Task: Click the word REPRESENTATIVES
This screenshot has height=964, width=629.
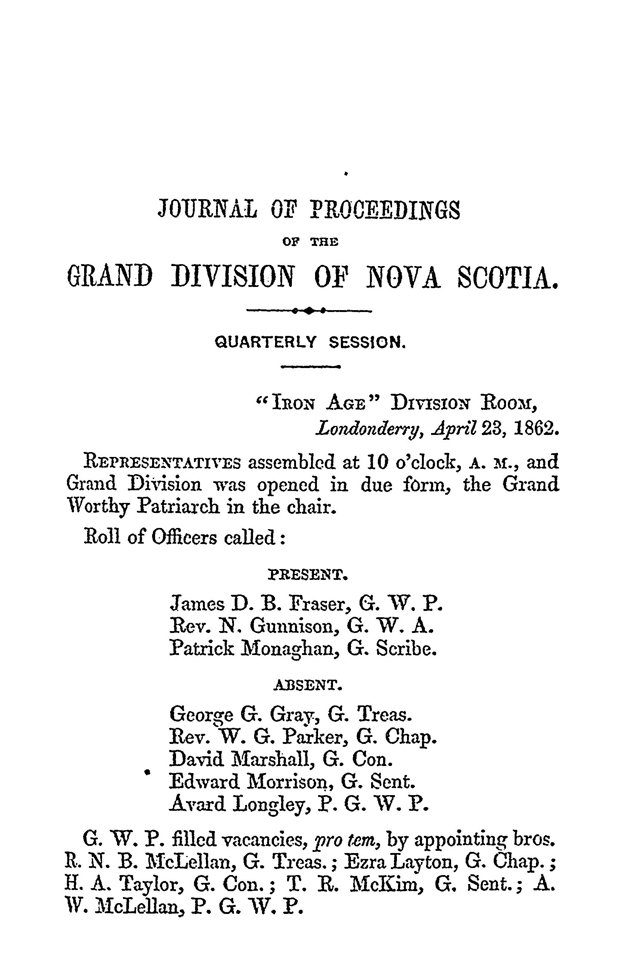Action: pyautogui.click(x=162, y=462)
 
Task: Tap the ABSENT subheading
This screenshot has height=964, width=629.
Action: pyautogui.click(x=309, y=685)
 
